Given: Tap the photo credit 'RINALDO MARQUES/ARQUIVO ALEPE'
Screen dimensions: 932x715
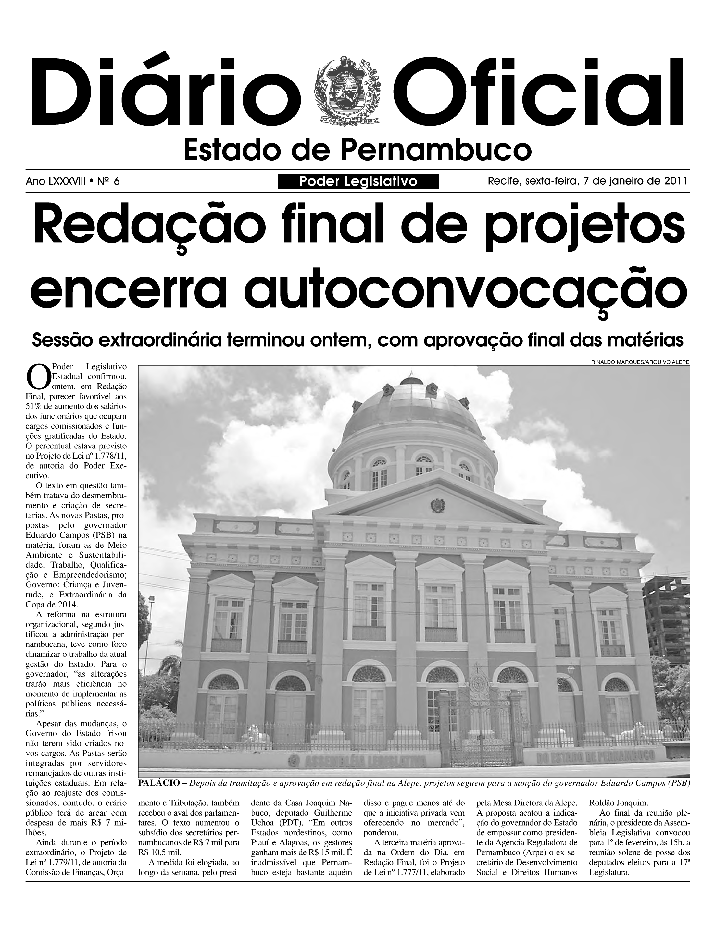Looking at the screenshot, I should [640, 362].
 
